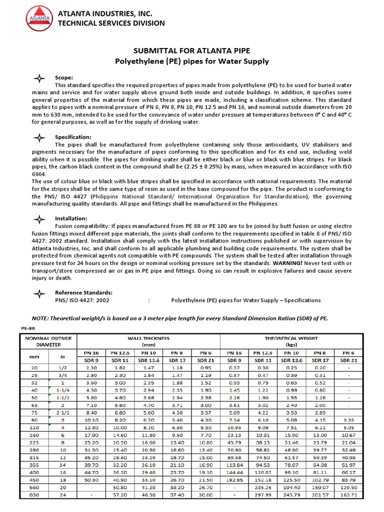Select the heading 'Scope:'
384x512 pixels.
click(x=64, y=77)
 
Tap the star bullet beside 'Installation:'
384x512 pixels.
click(x=38, y=219)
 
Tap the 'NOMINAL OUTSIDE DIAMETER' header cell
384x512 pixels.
click(x=48, y=341)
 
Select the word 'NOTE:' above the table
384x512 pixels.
click(x=41, y=318)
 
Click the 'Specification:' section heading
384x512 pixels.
click(x=73, y=136)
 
